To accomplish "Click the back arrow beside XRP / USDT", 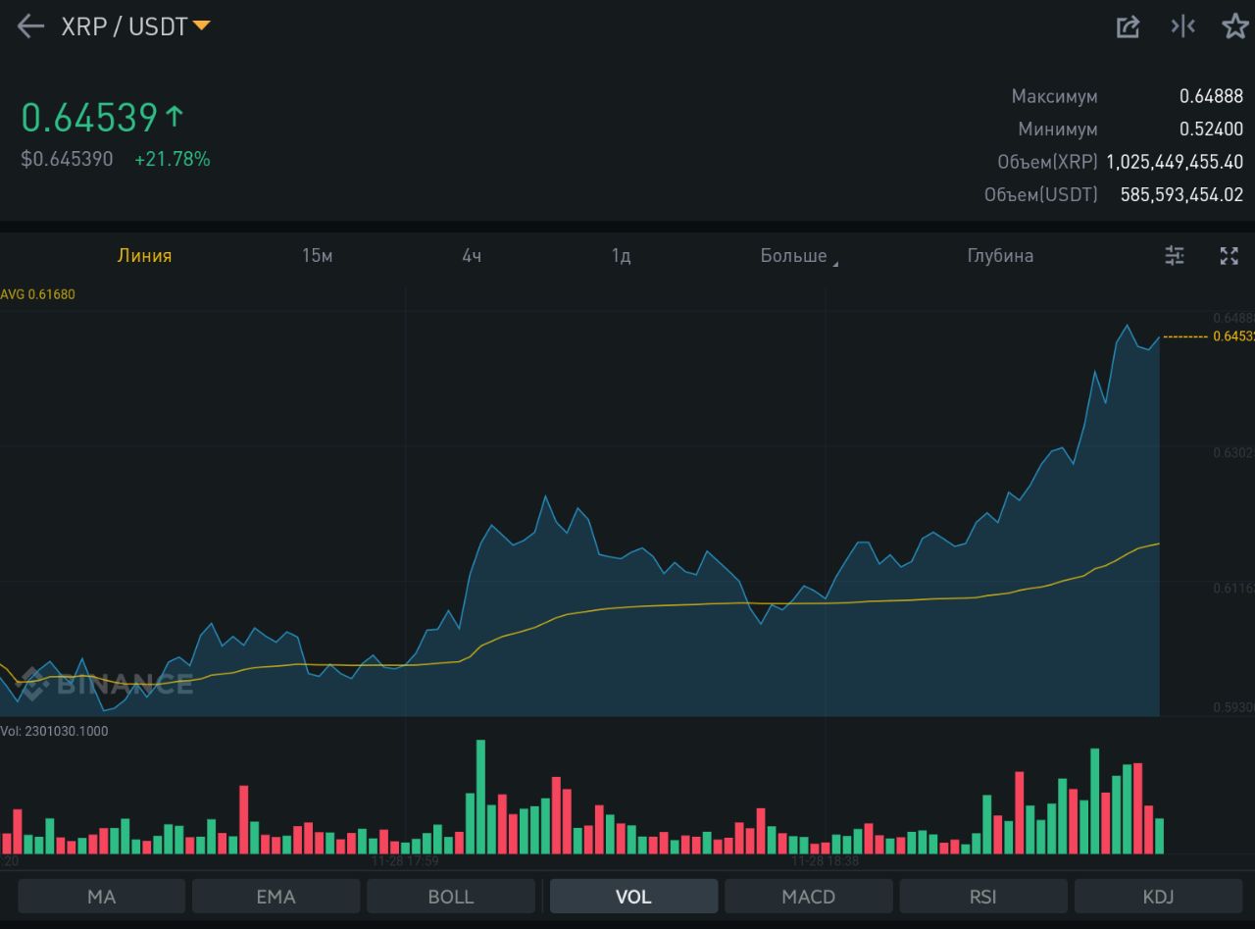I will [31, 26].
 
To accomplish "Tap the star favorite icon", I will [1234, 26].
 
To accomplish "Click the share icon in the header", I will [1129, 26].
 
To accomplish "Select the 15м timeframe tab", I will [318, 256].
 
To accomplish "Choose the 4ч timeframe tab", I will [472, 256].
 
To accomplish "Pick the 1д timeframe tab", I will [621, 256].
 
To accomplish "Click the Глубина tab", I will [1000, 256].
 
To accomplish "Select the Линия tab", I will [145, 256].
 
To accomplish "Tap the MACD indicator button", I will [808, 897].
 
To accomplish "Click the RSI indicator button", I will [982, 897].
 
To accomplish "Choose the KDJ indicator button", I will [1158, 897].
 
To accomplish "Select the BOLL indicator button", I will [451, 897].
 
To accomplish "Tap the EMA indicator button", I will [276, 897].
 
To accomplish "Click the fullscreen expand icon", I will [1229, 256].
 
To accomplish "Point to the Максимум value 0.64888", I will [1211, 96].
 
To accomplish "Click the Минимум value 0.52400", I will [1211, 129].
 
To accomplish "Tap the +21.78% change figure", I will [173, 159].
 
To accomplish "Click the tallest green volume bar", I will [480, 797].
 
